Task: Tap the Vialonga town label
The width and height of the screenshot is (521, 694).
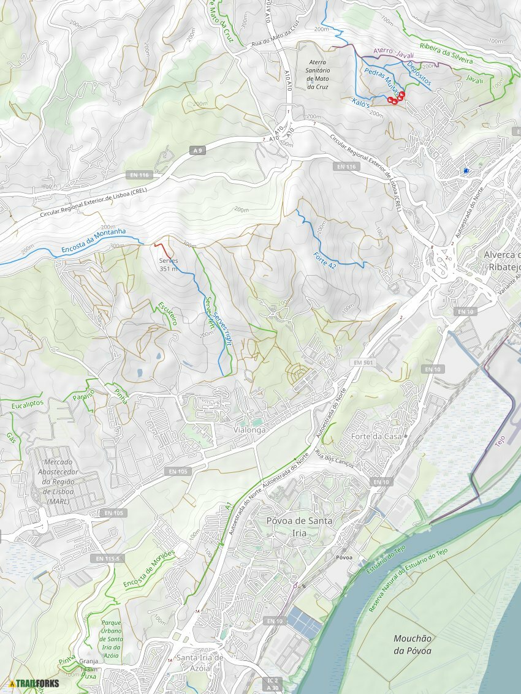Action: (250, 431)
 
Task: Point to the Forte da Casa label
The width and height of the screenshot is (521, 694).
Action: (376, 436)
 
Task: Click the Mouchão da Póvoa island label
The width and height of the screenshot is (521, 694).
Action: (413, 644)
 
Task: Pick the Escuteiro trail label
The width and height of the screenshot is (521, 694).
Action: (167, 312)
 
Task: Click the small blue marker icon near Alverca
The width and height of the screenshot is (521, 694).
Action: (466, 171)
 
